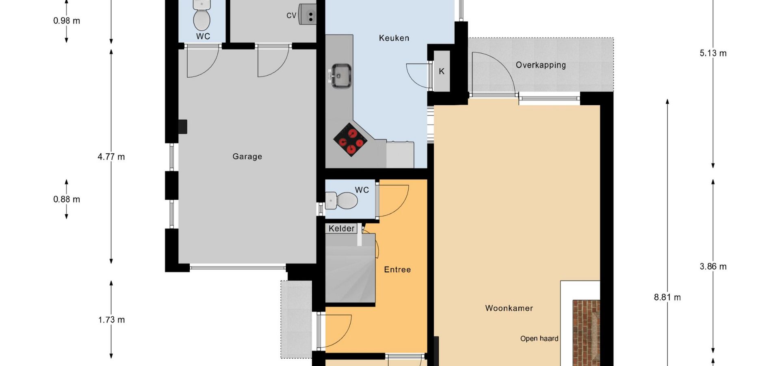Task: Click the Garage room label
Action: coord(247,157)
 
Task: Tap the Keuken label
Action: coord(394,38)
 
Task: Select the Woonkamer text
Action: coord(509,308)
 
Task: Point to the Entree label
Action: coord(397,270)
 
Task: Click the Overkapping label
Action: coord(541,65)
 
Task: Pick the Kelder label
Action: coord(341,229)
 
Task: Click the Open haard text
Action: coord(539,338)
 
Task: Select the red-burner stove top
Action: coord(351,139)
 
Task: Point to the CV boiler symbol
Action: coord(308,15)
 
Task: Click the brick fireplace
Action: coord(586,333)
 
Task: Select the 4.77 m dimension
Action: coord(111,157)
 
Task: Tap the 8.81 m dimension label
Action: coord(667,297)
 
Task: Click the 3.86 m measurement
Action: coord(713,266)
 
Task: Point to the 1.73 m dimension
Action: coord(111,320)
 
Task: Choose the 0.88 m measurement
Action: coord(67,199)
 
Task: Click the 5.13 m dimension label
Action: coord(713,53)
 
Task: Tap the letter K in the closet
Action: coord(442,71)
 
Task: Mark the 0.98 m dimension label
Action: coord(67,20)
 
